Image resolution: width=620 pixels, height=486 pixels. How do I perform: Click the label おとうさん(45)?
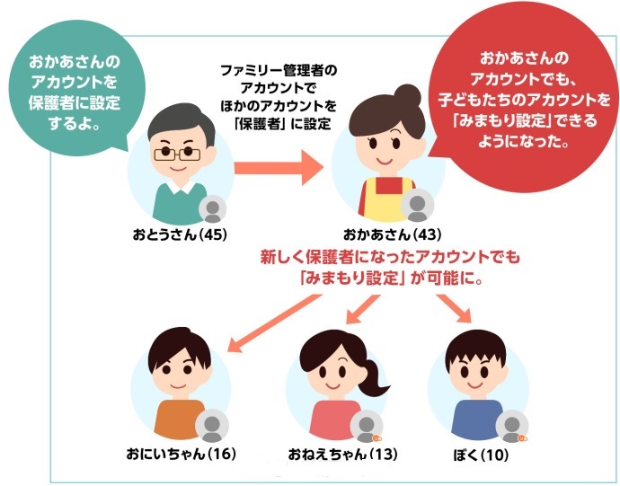click(x=180, y=234)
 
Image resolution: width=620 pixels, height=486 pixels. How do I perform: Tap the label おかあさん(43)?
click(x=392, y=234)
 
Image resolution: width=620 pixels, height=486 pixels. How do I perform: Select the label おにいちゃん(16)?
click(x=182, y=454)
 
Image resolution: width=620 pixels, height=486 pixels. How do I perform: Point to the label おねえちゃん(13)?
click(x=343, y=454)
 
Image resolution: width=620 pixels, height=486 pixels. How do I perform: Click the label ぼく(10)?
click(x=481, y=455)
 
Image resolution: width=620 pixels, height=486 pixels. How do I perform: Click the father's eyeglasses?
click(x=177, y=154)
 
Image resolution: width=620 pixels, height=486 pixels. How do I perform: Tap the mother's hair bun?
click(x=407, y=96)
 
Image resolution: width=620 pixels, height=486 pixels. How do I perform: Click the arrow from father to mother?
click(x=279, y=168)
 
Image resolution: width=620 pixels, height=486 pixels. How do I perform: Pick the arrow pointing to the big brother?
click(x=275, y=323)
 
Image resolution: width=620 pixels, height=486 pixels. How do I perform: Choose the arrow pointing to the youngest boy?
click(x=455, y=309)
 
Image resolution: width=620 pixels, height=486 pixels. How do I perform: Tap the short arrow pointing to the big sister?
click(x=363, y=309)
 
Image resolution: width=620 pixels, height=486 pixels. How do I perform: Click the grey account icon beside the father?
click(x=213, y=209)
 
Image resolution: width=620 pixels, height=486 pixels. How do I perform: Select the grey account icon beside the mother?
click(x=417, y=205)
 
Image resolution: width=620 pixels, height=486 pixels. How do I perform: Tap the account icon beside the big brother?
click(x=212, y=426)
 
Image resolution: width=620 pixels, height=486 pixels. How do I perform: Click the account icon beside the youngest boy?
click(x=512, y=427)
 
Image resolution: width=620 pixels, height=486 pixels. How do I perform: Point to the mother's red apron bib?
click(x=388, y=185)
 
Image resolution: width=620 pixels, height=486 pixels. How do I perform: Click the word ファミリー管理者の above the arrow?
click(x=279, y=71)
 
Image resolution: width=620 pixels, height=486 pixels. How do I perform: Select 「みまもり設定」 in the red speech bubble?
click(x=502, y=120)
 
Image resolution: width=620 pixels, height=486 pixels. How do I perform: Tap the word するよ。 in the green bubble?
click(x=74, y=123)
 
